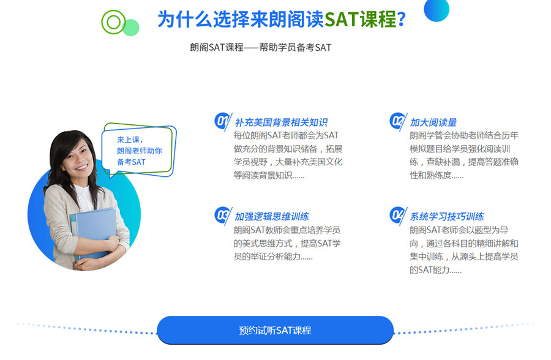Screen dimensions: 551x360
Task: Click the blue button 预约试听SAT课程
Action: click(275, 330)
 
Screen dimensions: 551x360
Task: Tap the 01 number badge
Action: click(222, 121)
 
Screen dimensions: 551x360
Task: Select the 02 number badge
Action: click(398, 121)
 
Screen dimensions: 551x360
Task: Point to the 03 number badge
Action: click(222, 215)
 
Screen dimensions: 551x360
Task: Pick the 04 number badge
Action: click(398, 215)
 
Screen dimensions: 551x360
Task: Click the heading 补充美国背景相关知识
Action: click(281, 122)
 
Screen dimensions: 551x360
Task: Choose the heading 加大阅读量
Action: click(433, 122)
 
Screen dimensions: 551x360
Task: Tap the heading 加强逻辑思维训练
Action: click(272, 217)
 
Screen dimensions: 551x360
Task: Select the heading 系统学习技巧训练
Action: click(447, 217)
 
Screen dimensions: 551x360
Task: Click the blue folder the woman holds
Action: click(94, 233)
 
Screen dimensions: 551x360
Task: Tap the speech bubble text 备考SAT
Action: click(131, 162)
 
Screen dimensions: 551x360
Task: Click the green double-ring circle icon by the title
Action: click(113, 22)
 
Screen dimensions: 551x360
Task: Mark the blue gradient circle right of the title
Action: click(437, 9)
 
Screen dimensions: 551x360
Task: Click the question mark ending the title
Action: click(401, 20)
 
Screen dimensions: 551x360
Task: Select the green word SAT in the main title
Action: click(342, 20)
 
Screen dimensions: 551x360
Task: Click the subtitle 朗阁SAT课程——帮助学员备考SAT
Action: click(260, 47)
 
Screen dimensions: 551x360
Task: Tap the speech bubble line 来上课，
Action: click(130, 140)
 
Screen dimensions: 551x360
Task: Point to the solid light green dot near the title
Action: click(131, 28)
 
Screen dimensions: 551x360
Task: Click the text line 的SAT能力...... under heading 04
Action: click(435, 270)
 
